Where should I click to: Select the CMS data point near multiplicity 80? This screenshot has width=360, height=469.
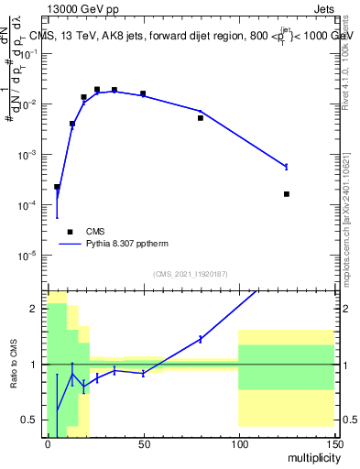201,118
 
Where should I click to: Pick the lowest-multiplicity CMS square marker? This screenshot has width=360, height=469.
57,187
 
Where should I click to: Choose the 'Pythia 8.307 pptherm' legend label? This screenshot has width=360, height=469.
125,245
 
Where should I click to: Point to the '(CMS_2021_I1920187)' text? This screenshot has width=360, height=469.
191,274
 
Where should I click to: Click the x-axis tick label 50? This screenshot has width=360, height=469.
143,442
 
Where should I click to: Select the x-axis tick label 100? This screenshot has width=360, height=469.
238,442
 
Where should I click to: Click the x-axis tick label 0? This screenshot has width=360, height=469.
48,442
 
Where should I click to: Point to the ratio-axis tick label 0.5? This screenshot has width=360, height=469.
33,420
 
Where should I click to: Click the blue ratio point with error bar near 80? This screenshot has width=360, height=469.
201,339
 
